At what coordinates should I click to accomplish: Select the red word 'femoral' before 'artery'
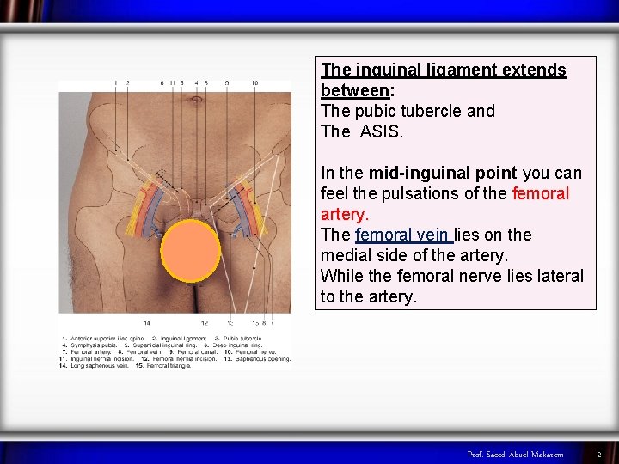(538, 193)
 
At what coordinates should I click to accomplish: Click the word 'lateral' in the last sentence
(556, 276)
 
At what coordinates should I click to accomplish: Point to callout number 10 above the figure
(254, 83)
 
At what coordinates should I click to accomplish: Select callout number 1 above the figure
(115, 83)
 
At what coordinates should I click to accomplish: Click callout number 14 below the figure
(147, 323)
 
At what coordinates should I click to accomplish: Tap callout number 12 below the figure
(205, 323)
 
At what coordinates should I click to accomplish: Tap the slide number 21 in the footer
(602, 454)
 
